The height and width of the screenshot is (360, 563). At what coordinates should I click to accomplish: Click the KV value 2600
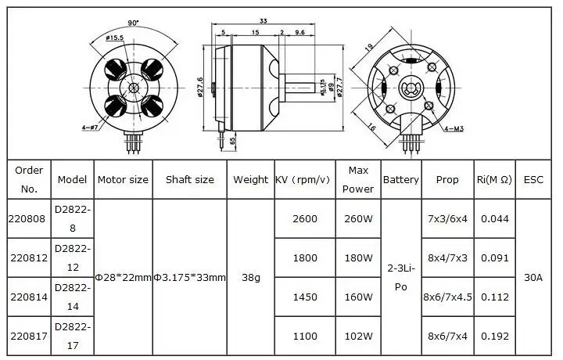304,218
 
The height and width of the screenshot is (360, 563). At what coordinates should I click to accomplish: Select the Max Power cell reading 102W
358,336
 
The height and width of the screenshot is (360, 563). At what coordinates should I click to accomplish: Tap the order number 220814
28,297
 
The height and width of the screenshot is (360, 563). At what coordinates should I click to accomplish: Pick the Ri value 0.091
494,257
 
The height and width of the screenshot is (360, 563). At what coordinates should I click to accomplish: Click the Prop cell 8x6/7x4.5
447,297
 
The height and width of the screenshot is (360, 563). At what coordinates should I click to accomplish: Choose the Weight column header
250,179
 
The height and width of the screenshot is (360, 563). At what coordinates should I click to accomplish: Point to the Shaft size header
189,179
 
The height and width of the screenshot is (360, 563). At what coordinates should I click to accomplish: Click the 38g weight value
250,277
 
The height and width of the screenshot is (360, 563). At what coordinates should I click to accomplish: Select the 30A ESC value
533,277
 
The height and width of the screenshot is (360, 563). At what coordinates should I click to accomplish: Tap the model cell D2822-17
73,336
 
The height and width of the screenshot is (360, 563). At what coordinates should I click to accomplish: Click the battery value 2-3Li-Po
401,277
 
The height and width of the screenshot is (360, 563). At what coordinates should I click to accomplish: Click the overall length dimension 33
264,22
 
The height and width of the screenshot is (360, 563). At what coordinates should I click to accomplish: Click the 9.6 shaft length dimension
299,33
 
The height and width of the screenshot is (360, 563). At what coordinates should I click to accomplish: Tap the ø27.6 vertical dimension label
200,88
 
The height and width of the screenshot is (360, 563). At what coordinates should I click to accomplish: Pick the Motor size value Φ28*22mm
123,277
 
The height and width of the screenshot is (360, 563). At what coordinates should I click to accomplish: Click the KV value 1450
304,297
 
